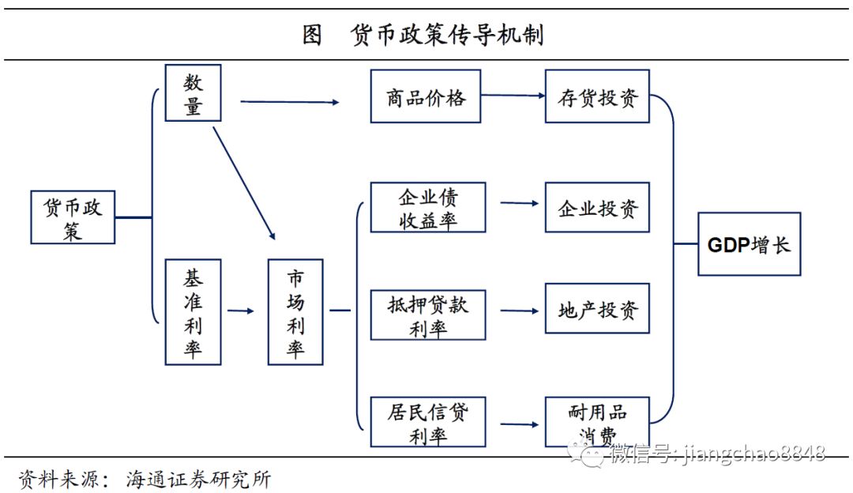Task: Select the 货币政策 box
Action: [x=73, y=216]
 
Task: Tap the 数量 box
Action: [x=193, y=93]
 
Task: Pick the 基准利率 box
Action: [x=193, y=312]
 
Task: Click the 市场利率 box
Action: [x=295, y=312]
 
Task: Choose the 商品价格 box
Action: [x=426, y=96]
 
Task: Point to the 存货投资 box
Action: [x=597, y=96]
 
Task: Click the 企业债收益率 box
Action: [x=427, y=207]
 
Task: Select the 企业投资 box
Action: [x=597, y=208]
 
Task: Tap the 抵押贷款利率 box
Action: [x=427, y=315]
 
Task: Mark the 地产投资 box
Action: [x=597, y=309]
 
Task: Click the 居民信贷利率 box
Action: [x=427, y=423]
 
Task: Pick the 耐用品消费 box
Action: [x=597, y=423]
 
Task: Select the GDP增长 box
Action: [x=749, y=244]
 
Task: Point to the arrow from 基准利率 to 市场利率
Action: [x=241, y=311]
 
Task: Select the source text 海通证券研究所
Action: [x=198, y=479]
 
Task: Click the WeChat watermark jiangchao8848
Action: [x=715, y=453]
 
